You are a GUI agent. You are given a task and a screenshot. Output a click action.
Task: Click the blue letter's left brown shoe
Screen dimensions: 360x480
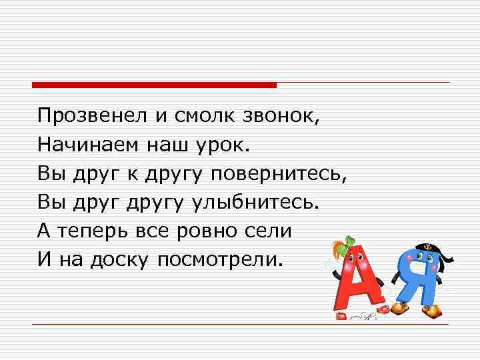tap(399, 308)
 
